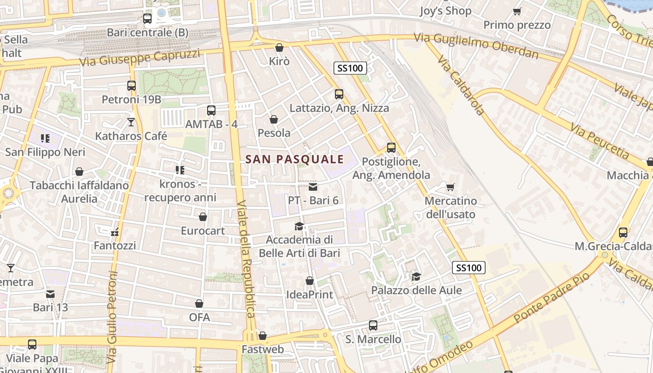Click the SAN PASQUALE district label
point(294,159)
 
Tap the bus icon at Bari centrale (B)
point(147,19)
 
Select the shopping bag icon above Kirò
point(279,48)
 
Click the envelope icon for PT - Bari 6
point(313,187)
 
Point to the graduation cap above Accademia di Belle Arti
point(299,226)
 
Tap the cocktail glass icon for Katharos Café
point(131,122)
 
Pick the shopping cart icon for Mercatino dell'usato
point(450,187)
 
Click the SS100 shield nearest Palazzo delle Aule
point(469,268)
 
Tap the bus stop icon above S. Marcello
point(373,325)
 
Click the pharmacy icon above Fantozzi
point(115,232)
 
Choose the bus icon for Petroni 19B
point(132,86)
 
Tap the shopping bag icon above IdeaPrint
point(310,281)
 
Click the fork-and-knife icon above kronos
point(180,170)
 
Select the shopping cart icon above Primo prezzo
point(517,11)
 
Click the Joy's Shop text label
point(445,11)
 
